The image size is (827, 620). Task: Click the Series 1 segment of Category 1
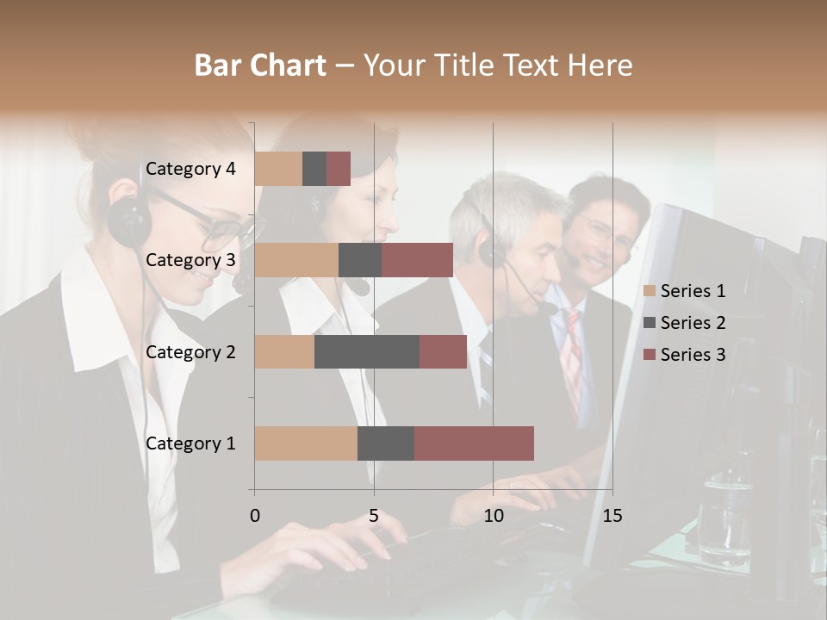point(306,443)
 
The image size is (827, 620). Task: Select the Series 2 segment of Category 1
point(386,443)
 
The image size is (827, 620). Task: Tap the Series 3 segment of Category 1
point(474,443)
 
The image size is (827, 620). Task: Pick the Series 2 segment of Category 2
point(367,351)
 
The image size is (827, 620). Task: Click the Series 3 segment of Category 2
point(443,351)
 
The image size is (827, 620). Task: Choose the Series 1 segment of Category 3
point(296,260)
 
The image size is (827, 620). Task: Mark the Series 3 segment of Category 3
point(417,260)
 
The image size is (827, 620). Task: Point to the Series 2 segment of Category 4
point(314,169)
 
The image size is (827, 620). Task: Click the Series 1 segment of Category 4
point(278,169)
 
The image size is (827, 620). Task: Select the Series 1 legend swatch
point(650,291)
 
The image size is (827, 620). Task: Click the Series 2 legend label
point(693,323)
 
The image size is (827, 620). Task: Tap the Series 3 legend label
point(693,355)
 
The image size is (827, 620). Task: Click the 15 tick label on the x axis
point(612,516)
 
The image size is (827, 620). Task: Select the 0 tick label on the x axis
point(255,516)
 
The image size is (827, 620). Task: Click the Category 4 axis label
point(190,169)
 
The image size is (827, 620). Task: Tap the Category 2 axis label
point(190,351)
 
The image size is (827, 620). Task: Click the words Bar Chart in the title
point(259,65)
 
